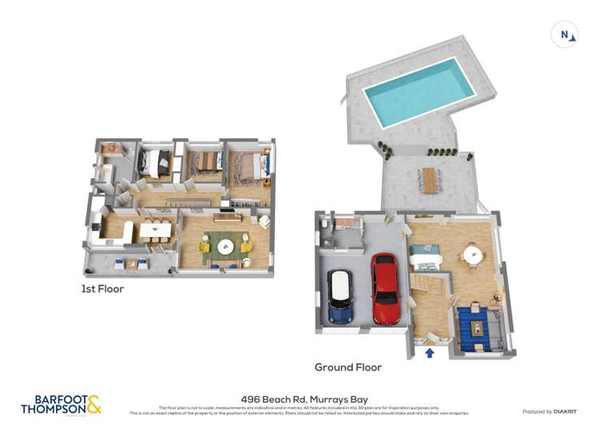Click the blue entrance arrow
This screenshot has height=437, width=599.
point(430,352)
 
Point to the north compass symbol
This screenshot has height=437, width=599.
point(564,34)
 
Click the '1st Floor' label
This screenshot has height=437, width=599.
point(102,288)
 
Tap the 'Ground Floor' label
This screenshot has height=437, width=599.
point(347,367)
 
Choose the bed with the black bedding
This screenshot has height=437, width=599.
point(156,163)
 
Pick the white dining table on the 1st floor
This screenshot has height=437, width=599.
point(152,230)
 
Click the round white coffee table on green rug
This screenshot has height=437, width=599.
point(224,244)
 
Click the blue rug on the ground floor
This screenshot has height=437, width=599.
point(478,328)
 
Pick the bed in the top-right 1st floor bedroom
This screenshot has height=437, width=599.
point(252,165)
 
